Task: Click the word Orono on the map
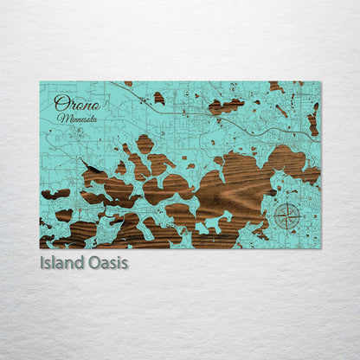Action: click(x=76, y=103)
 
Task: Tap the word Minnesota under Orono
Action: click(x=78, y=117)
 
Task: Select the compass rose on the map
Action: click(x=287, y=215)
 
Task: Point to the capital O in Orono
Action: click(x=60, y=103)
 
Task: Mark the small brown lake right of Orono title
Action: click(x=158, y=98)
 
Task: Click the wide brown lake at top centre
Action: click(x=226, y=106)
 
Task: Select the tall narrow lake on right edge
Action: click(x=313, y=120)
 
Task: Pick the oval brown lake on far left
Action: click(x=55, y=194)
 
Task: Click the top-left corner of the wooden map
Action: click(x=40, y=82)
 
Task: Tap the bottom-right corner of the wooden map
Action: click(x=320, y=248)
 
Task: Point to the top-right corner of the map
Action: click(x=320, y=82)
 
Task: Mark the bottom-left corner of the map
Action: click(x=40, y=248)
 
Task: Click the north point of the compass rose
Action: click(x=287, y=203)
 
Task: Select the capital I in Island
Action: click(x=42, y=262)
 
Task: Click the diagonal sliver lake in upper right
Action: click(x=282, y=111)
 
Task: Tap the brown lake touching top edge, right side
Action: click(x=275, y=87)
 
